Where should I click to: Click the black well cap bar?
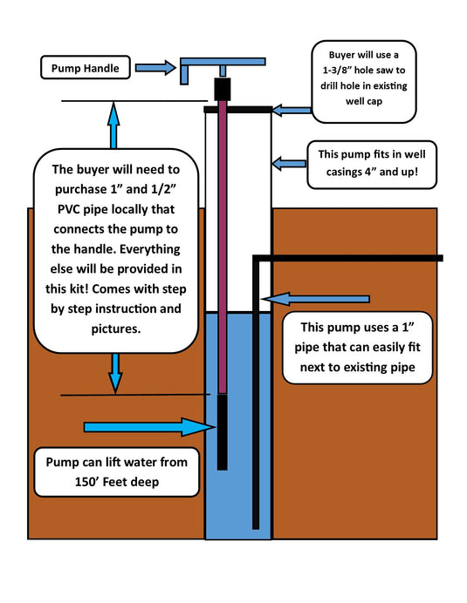pyautogui.click(x=237, y=110)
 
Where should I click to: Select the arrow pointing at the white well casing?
pyautogui.click(x=289, y=163)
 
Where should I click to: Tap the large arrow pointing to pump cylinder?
pyautogui.click(x=148, y=427)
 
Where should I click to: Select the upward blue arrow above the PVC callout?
pyautogui.click(x=113, y=126)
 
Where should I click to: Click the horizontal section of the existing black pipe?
pyautogui.click(x=349, y=258)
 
